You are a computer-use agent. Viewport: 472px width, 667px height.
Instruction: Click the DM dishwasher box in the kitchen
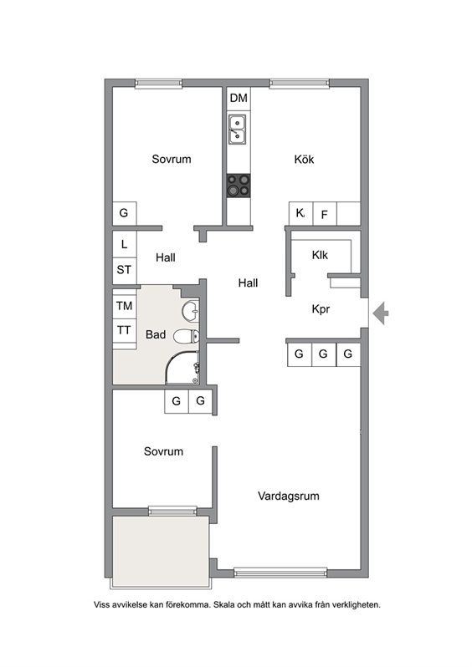coord(239,99)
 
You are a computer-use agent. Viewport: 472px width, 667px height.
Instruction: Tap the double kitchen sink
coord(239,130)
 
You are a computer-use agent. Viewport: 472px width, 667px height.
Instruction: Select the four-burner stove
coord(239,185)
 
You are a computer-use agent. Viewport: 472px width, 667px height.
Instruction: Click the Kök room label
coord(304,160)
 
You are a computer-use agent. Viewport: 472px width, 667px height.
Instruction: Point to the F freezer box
coord(324,215)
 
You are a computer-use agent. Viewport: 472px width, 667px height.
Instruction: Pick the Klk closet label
coord(320,255)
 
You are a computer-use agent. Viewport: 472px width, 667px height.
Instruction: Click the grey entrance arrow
coord(381,313)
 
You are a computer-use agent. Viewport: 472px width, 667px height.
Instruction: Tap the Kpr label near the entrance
coord(321,309)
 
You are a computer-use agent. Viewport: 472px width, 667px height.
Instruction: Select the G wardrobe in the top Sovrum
coord(124,213)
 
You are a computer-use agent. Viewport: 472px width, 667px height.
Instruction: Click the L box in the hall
coord(124,245)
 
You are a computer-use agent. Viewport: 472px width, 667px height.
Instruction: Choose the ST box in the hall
coord(124,270)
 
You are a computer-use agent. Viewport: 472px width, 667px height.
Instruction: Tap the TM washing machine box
coord(124,305)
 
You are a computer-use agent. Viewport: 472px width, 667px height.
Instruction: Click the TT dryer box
coord(124,330)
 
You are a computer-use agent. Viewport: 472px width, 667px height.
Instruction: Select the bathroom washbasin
coord(192,311)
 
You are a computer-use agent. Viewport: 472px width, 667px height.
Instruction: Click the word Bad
coord(156,335)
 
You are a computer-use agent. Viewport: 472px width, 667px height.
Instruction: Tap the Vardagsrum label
coord(289,496)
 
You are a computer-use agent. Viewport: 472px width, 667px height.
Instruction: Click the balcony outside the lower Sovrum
coord(160,549)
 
